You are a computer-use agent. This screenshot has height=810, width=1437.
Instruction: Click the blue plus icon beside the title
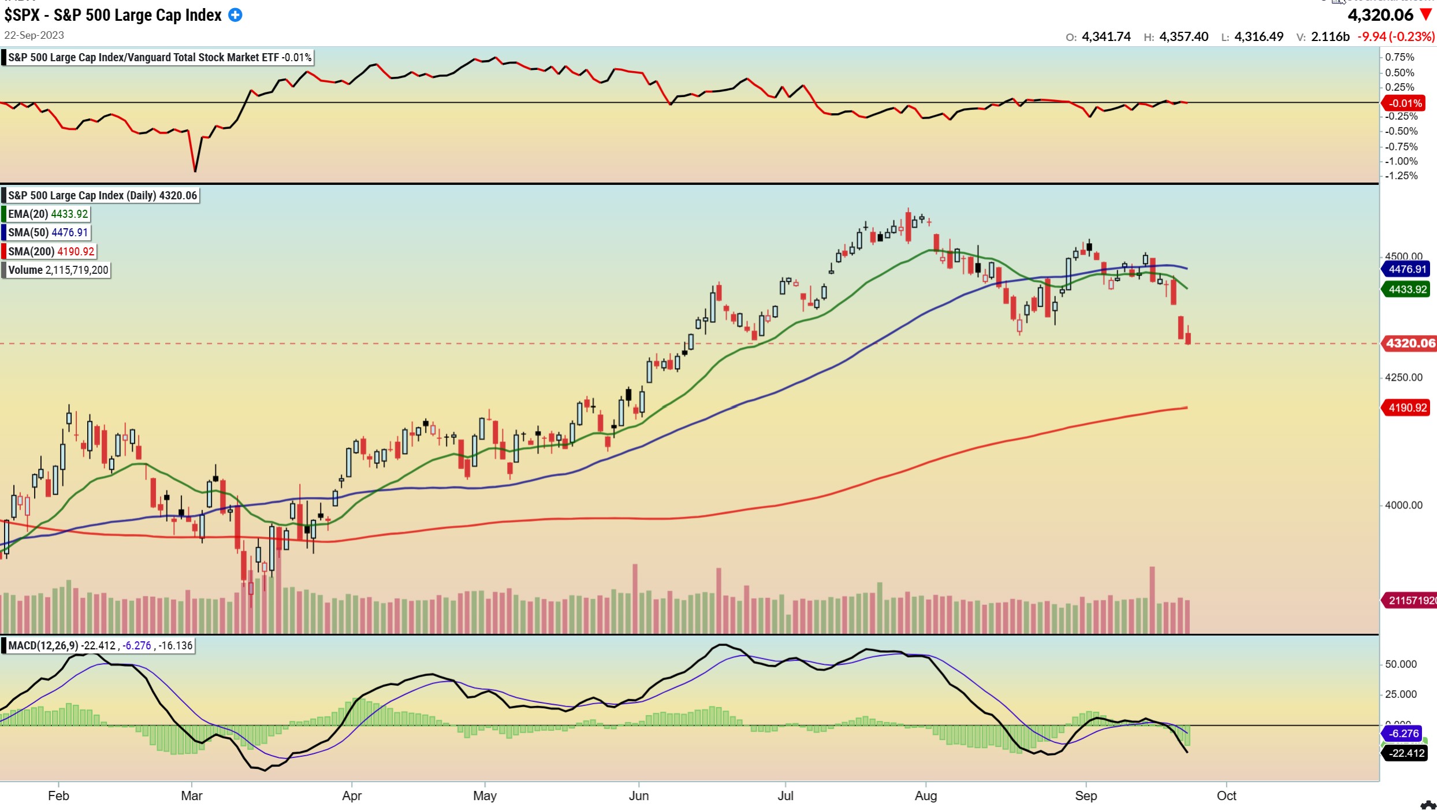pyautogui.click(x=235, y=15)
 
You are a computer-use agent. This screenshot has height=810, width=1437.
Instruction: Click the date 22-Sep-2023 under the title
pyautogui.click(x=34, y=35)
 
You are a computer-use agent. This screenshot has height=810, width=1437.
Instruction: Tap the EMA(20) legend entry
pyautogui.click(x=47, y=214)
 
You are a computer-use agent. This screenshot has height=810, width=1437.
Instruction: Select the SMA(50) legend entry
pyautogui.click(x=47, y=232)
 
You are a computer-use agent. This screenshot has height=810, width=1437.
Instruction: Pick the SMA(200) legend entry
pyautogui.click(x=50, y=251)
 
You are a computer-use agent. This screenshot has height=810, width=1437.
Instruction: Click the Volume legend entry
pyautogui.click(x=58, y=270)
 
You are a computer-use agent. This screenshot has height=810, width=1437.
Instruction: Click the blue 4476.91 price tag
pyautogui.click(x=1408, y=269)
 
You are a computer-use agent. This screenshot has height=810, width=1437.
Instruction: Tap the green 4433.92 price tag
pyautogui.click(x=1408, y=289)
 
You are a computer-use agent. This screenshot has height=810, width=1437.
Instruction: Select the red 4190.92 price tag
pyautogui.click(x=1408, y=408)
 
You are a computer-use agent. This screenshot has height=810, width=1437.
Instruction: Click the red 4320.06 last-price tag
pyautogui.click(x=1410, y=343)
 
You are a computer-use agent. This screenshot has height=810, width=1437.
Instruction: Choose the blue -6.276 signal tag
pyautogui.click(x=1404, y=734)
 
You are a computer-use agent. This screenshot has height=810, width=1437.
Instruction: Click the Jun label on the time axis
pyautogui.click(x=638, y=796)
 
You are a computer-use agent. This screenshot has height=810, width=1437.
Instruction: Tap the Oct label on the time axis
pyautogui.click(x=1226, y=796)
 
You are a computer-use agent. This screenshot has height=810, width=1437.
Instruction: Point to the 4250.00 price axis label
pyautogui.click(x=1404, y=377)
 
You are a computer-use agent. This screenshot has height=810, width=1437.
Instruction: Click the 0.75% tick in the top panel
pyautogui.click(x=1399, y=57)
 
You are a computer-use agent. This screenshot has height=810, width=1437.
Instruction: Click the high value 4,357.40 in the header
pyautogui.click(x=1183, y=37)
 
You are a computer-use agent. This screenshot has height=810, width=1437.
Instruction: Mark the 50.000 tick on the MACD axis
pyautogui.click(x=1401, y=664)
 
